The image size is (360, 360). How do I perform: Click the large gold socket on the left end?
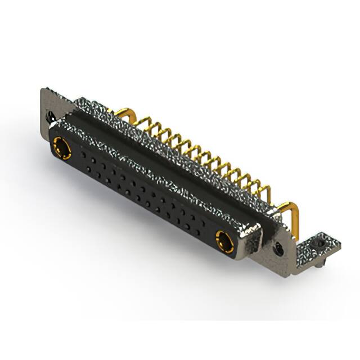tap(61, 150)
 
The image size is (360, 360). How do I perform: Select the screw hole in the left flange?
tap(51, 118)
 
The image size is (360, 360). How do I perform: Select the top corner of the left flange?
tap(43, 90)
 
